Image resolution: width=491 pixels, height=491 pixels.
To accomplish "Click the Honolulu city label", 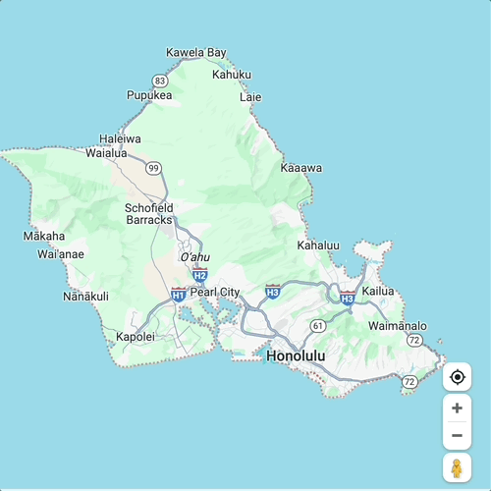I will [x=296, y=355].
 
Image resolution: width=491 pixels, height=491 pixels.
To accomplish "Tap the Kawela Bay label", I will [x=196, y=52].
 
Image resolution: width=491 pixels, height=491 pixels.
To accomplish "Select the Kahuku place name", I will [x=232, y=74].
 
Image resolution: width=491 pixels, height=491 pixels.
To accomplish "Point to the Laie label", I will [x=251, y=97].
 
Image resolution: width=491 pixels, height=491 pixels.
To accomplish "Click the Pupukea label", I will [x=149, y=95].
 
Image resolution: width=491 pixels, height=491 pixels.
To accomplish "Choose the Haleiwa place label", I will [x=120, y=139].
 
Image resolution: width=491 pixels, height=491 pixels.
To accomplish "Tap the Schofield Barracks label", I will [x=149, y=214].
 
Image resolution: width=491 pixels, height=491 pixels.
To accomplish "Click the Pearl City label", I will [x=215, y=292].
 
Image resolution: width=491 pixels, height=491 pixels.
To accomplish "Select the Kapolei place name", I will [x=136, y=336].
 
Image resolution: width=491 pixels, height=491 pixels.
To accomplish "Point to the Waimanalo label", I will [x=398, y=325].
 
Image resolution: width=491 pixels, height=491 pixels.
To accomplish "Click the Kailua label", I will [x=378, y=291].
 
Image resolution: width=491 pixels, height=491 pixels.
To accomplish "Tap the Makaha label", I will [x=44, y=236].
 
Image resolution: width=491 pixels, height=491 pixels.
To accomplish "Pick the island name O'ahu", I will [x=195, y=257].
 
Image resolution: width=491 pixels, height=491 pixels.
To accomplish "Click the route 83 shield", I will [x=160, y=80].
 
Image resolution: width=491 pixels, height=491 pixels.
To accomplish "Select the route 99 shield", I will [x=153, y=168].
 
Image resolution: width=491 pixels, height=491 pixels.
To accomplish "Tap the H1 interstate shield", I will [x=178, y=294].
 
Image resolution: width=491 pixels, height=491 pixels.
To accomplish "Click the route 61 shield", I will [x=317, y=325].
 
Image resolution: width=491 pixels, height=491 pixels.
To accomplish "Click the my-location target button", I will [x=457, y=376].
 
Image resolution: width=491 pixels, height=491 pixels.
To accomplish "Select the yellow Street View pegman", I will [x=457, y=467].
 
